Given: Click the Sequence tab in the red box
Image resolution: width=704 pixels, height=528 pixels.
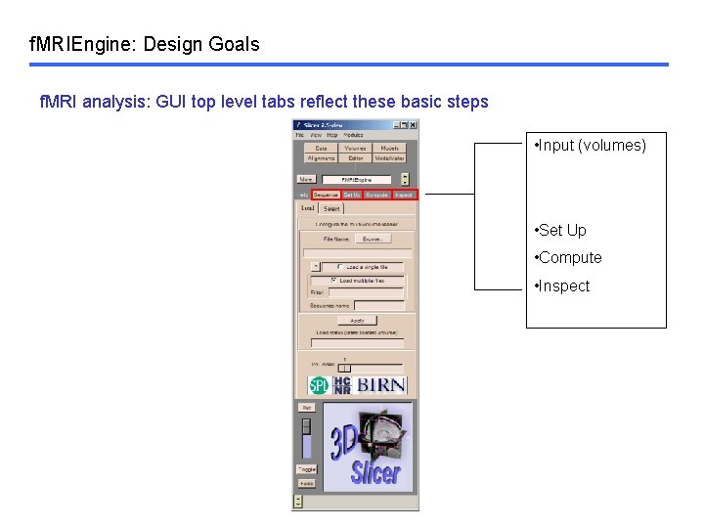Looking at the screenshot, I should click(326, 195).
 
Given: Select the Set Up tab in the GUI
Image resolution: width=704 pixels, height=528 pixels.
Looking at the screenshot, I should click(352, 195).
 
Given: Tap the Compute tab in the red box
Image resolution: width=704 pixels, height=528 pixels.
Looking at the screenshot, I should click(377, 195).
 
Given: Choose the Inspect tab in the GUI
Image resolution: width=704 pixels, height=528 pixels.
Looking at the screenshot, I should click(404, 195).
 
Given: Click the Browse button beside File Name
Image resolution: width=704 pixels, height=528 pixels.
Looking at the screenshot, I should click(372, 238).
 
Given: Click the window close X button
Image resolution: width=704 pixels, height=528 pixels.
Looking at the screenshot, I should click(414, 124).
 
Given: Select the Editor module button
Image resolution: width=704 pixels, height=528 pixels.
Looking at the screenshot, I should click(355, 157).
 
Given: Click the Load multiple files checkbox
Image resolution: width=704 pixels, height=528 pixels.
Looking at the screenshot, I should click(334, 281).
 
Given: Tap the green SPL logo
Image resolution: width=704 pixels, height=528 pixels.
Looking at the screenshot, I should click(318, 385).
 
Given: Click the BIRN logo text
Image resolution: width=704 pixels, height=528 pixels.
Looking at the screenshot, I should click(381, 385).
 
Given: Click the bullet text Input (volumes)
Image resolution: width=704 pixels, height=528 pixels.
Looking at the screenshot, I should click(591, 146).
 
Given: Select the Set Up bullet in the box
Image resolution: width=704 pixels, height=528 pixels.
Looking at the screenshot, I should click(561, 231).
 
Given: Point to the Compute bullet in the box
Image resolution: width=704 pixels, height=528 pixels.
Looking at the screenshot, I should click(569, 258).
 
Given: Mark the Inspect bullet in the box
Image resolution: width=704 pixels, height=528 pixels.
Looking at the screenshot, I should click(563, 286).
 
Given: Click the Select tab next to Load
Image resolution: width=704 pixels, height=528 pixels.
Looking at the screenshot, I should click(332, 208).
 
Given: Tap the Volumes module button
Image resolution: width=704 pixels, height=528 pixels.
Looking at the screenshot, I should click(355, 148).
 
